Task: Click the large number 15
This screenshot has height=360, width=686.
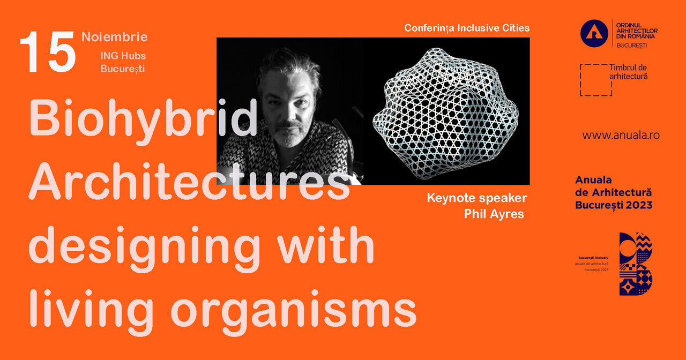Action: coord(48,52)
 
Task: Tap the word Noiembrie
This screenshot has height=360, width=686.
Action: coord(115,37)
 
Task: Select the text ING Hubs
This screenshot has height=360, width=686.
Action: coord(123,56)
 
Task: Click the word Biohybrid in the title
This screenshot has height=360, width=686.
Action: coord(143,119)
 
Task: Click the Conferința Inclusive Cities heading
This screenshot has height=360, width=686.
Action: coord(467,28)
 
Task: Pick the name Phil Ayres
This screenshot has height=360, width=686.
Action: coord(494,214)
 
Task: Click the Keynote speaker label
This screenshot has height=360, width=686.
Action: coord(477,198)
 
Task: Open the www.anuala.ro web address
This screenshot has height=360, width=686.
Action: coord(621,136)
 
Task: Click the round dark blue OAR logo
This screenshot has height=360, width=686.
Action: coord(594,33)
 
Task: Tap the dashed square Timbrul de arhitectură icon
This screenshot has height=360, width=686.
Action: coord(595,80)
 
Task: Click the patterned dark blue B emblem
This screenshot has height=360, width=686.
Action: coord(636,264)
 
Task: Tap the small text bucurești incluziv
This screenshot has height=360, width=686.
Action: coord(593,258)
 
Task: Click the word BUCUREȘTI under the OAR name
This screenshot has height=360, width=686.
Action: coord(631,46)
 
